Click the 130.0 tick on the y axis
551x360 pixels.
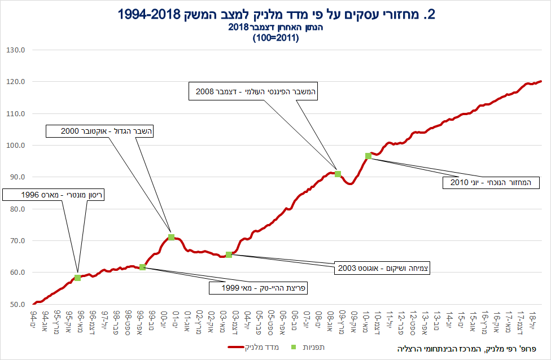tap(16, 50)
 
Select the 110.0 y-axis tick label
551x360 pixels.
tap(16, 114)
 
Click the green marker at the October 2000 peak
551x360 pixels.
tap(171, 237)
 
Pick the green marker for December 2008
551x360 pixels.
tap(338, 174)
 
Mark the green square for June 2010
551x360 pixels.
tap(368, 156)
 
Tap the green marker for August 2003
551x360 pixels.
tap(229, 254)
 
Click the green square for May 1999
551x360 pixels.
tap(142, 267)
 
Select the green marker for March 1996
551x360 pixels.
tap(77, 278)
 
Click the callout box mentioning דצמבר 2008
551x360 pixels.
tap(254, 91)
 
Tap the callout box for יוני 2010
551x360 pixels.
tap(491, 182)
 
